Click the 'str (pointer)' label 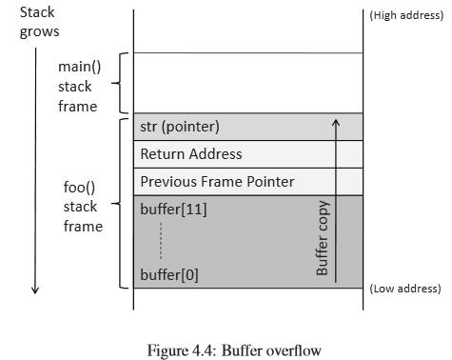point(180,127)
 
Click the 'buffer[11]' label point(173,209)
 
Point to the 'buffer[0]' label point(169,275)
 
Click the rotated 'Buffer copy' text point(322,238)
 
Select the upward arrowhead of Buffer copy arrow point(335,121)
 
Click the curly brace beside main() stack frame point(118,83)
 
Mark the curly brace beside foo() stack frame point(118,203)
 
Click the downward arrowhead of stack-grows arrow point(34,290)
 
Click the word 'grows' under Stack point(39,31)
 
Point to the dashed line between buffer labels point(162,242)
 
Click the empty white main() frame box point(247,83)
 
